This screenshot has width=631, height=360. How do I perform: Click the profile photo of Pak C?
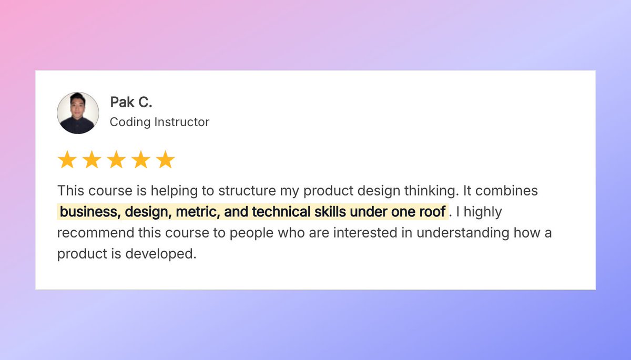(x=78, y=113)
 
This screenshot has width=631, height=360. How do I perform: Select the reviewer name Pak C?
(x=131, y=102)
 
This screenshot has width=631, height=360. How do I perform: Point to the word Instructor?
(x=181, y=122)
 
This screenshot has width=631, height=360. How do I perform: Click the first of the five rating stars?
(x=67, y=160)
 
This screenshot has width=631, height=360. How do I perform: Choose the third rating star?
(x=116, y=160)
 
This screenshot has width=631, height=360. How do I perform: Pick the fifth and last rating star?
(x=166, y=160)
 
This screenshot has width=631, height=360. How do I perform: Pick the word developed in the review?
(x=160, y=254)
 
